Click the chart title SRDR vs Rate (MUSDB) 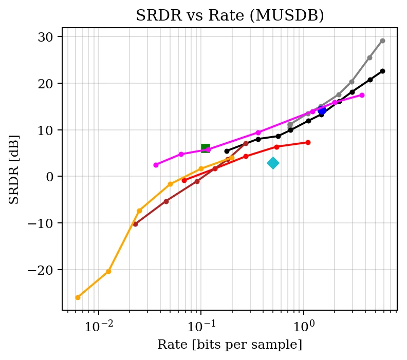(230, 15)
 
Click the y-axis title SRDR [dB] (14, 169)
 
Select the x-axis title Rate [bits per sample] (230, 345)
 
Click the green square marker (206, 148)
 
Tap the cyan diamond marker (273, 163)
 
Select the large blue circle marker (322, 110)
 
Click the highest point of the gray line (382, 41)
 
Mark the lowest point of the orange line (78, 297)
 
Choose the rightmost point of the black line (382, 71)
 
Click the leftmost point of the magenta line (156, 165)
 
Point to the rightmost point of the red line (308, 142)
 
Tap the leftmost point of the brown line (135, 224)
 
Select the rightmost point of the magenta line (362, 95)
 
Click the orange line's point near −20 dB (108, 271)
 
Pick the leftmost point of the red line (184, 181)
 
